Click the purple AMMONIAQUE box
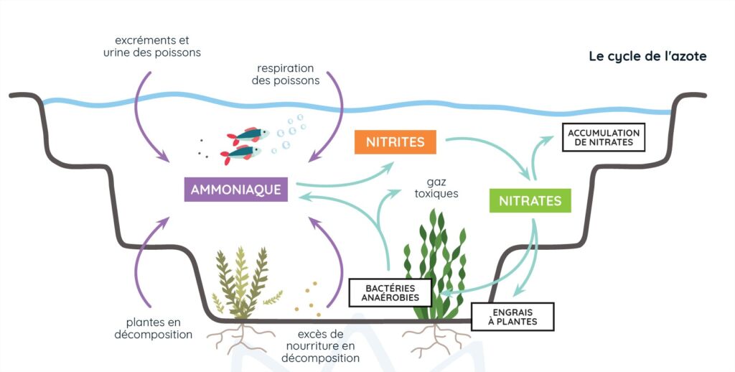tap(235, 190)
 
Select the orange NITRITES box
tap(395, 142)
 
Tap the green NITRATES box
tap(530, 201)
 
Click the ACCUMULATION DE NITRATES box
tap(604, 137)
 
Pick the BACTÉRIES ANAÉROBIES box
tap(390, 293)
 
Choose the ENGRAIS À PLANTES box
tap(512, 317)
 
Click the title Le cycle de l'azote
tap(648, 56)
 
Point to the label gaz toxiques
tap(436, 187)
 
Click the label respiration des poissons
tap(286, 75)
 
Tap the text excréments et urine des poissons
tap(152, 47)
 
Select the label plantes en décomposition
tap(154, 328)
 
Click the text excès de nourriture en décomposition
tap(321, 346)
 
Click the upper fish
tap(248, 136)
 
